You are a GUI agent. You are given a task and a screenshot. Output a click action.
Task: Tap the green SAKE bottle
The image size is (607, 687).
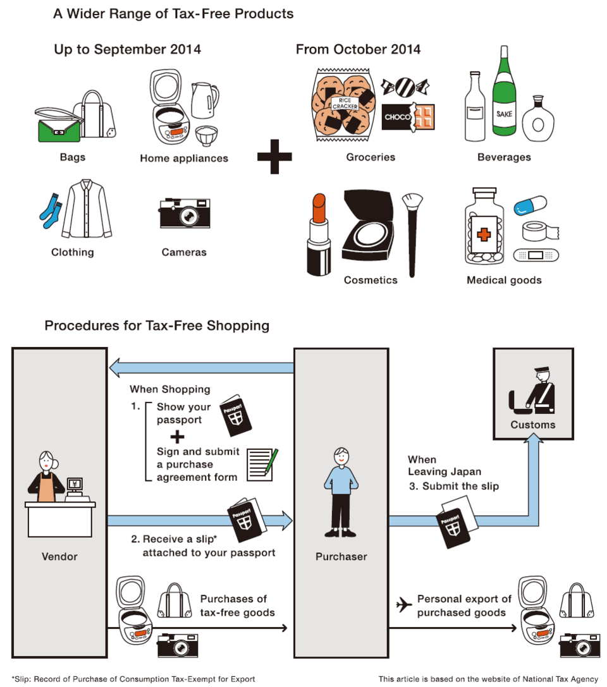[x=505, y=95]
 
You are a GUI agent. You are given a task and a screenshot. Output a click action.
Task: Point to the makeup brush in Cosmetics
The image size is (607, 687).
[x=412, y=234]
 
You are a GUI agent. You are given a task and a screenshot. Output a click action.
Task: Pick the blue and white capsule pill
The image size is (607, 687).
[x=530, y=206]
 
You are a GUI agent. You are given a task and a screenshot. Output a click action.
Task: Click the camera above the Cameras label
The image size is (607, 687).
[x=185, y=213]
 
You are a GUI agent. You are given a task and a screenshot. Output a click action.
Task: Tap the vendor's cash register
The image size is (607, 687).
[x=75, y=490]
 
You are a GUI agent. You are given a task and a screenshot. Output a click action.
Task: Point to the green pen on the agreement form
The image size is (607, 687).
[x=271, y=461]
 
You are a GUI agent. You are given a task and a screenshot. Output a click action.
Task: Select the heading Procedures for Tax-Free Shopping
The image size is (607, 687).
[x=157, y=326]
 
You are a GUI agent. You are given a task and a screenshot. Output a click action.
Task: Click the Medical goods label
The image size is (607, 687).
[x=504, y=280]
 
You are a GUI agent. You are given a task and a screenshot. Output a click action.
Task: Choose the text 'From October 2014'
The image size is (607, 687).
[x=358, y=49]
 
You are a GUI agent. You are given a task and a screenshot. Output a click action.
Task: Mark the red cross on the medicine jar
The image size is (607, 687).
[x=483, y=234]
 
